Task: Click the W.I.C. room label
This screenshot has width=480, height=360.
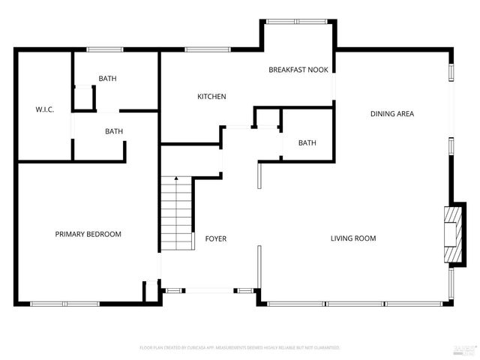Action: [44, 109]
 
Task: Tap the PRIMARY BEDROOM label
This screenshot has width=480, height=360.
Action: [88, 234]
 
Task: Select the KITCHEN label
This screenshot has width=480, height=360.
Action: [211, 97]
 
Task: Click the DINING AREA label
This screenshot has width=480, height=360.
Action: [392, 114]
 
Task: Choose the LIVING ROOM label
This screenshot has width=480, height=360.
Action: [353, 238]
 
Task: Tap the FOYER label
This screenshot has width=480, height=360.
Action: [216, 238]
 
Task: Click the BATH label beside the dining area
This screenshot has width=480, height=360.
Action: [307, 142]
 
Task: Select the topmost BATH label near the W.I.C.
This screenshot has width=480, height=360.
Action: [107, 79]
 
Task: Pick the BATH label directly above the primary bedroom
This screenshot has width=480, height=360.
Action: [114, 131]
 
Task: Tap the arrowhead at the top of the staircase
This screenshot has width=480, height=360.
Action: [176, 179]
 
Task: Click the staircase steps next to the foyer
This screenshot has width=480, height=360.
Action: [176, 217]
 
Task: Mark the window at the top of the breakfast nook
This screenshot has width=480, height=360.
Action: [296, 21]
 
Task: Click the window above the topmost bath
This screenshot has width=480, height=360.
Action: [105, 50]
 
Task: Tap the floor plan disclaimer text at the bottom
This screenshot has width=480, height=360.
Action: [240, 348]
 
